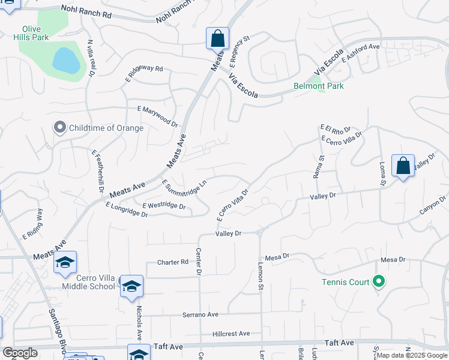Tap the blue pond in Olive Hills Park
click(66, 61)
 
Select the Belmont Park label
click(318, 86)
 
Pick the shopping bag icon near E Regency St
click(217, 39)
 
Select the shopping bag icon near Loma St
click(403, 166)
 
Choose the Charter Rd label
click(173, 262)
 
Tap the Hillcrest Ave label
click(231, 334)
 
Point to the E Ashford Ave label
click(361, 53)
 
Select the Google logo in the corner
click(20, 353)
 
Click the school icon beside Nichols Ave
click(131, 286)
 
